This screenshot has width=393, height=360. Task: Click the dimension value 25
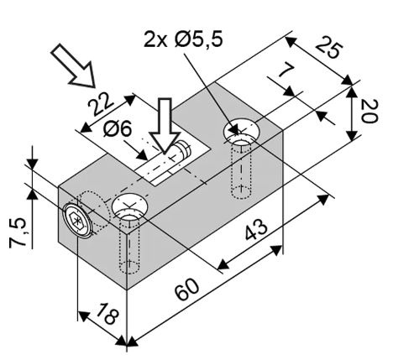[x=329, y=50]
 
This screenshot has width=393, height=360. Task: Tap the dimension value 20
[x=369, y=112]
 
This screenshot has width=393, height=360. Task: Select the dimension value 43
[x=256, y=229]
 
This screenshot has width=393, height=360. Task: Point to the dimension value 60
[x=187, y=290]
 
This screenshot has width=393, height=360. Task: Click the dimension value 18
[x=107, y=314]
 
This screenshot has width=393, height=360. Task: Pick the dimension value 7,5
[x=18, y=233]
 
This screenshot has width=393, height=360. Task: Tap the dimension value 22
[x=101, y=104]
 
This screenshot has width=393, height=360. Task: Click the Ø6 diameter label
[x=118, y=129]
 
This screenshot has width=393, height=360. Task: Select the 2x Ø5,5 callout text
[x=183, y=39]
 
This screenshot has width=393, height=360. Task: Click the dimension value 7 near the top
[x=286, y=70]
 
